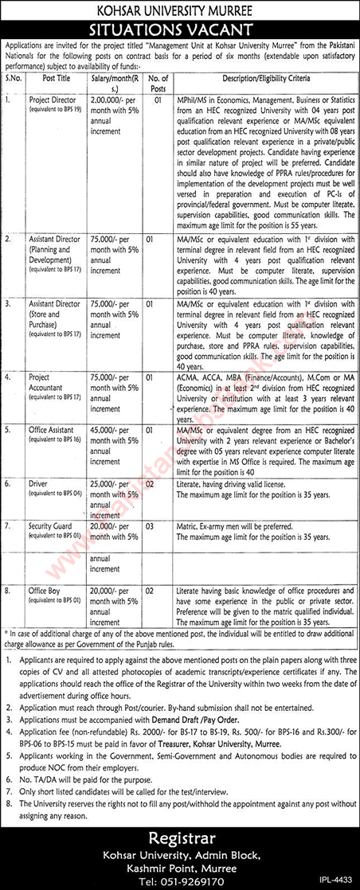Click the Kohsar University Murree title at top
tap(179, 12)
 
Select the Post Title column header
tap(60, 80)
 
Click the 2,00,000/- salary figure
tap(112, 101)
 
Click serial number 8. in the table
tap(9, 591)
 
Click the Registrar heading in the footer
tap(180, 838)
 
